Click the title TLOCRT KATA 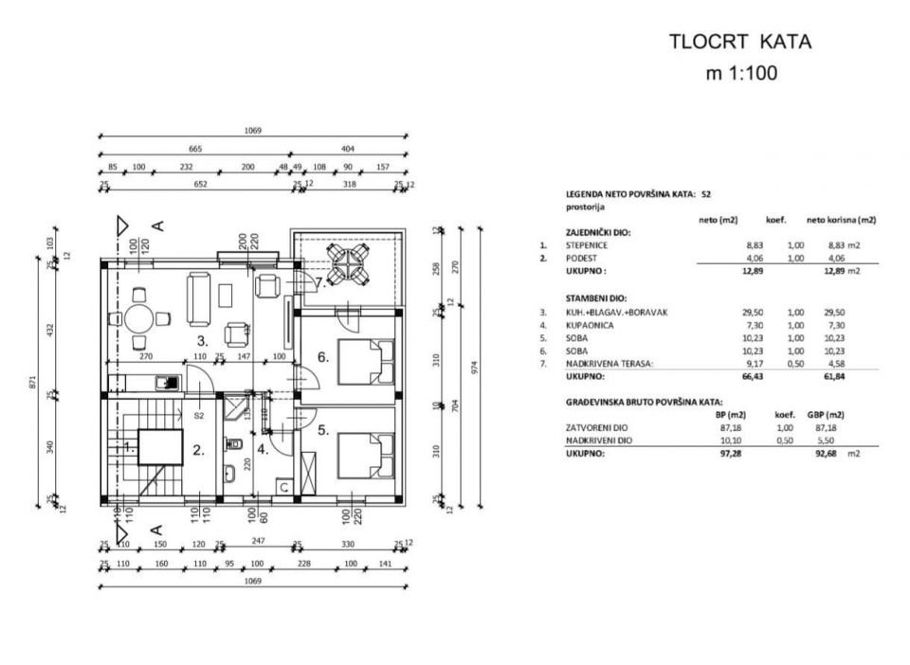740,42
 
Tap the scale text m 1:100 741,73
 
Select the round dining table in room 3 139,317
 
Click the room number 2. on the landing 198,451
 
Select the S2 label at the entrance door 199,415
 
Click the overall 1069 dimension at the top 251,131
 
